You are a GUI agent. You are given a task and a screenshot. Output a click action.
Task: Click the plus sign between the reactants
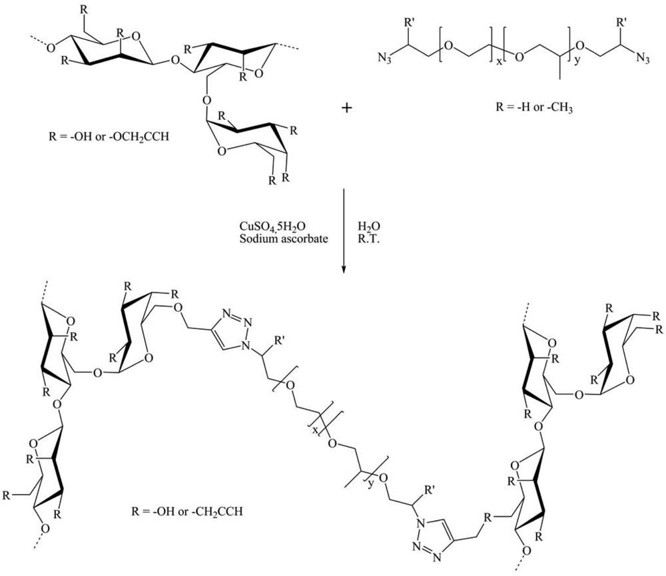tap(346, 108)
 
